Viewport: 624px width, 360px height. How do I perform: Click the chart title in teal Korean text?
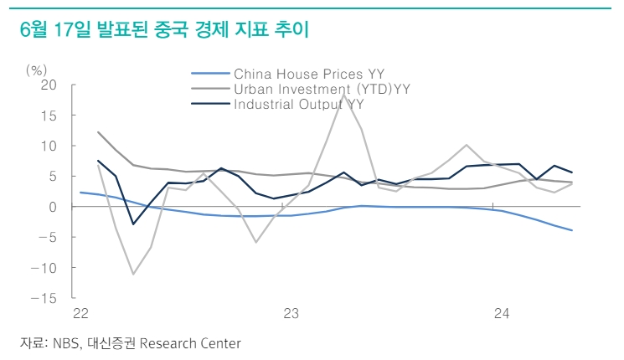click(x=164, y=29)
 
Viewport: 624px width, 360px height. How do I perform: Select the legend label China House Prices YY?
click(x=309, y=74)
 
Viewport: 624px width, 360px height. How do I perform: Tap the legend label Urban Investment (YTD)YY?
click(x=322, y=89)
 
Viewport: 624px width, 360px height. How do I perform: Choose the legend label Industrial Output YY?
click(x=298, y=104)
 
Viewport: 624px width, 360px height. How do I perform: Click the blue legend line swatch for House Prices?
click(x=210, y=74)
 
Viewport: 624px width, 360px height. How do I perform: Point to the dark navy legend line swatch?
click(x=210, y=104)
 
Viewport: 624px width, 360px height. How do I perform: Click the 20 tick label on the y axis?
click(x=49, y=85)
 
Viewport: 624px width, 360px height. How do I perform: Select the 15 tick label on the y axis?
click(x=49, y=116)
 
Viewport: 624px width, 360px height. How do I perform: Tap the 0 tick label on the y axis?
click(x=53, y=207)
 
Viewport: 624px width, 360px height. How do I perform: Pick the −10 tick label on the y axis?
click(x=44, y=268)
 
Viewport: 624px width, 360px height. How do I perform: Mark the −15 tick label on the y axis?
click(x=44, y=298)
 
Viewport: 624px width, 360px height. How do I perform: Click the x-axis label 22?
click(x=80, y=313)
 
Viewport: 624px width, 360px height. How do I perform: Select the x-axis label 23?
click(x=291, y=313)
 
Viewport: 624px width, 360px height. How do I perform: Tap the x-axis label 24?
click(x=502, y=313)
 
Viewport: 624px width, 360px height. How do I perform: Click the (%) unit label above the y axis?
click(x=36, y=70)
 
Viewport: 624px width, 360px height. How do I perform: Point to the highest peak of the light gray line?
click(x=343, y=95)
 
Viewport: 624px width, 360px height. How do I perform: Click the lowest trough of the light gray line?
click(x=133, y=274)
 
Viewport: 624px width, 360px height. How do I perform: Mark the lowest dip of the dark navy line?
click(x=133, y=224)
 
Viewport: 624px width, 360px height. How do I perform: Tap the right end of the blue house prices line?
click(x=572, y=230)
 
